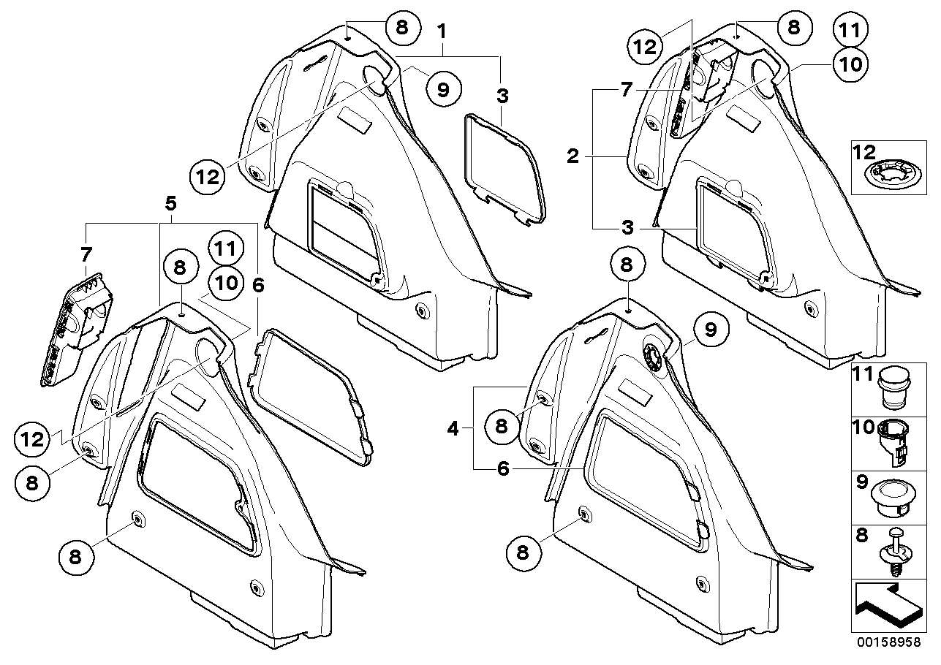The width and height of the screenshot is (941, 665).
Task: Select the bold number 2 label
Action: point(573,156)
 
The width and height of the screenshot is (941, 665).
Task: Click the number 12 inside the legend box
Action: point(865,153)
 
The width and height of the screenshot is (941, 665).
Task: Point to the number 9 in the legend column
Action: point(861,482)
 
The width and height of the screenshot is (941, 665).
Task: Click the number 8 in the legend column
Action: point(861,535)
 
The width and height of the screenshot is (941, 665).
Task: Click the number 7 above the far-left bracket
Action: point(86,255)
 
